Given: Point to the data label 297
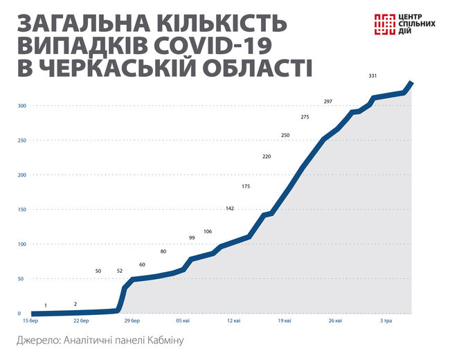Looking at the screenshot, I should [x=328, y=102].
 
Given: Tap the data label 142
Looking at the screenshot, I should [x=230, y=208].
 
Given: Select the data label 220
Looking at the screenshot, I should [x=267, y=157].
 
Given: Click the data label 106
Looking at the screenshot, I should [x=208, y=231].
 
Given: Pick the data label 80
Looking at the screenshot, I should [x=163, y=251].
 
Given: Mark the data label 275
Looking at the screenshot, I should [x=305, y=118].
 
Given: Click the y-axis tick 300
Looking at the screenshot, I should [x=22, y=106].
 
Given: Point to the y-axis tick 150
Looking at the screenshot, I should [x=22, y=210].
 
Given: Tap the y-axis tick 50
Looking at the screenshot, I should [x=21, y=279].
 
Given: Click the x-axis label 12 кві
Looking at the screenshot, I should [x=233, y=321].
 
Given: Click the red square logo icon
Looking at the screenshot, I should [x=384, y=25].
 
